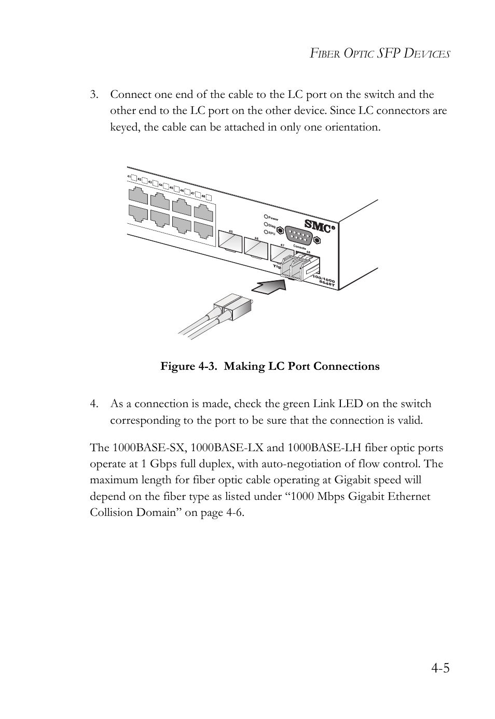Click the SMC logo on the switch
pyautogui.click(x=317, y=225)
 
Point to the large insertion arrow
pyautogui.click(x=271, y=285)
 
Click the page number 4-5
pyautogui.click(x=439, y=668)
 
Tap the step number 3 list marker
pyautogui.click(x=93, y=95)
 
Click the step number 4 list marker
pyautogui.click(x=93, y=404)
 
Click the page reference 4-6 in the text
pyautogui.click(x=233, y=513)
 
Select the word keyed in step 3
pyautogui.click(x=125, y=127)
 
